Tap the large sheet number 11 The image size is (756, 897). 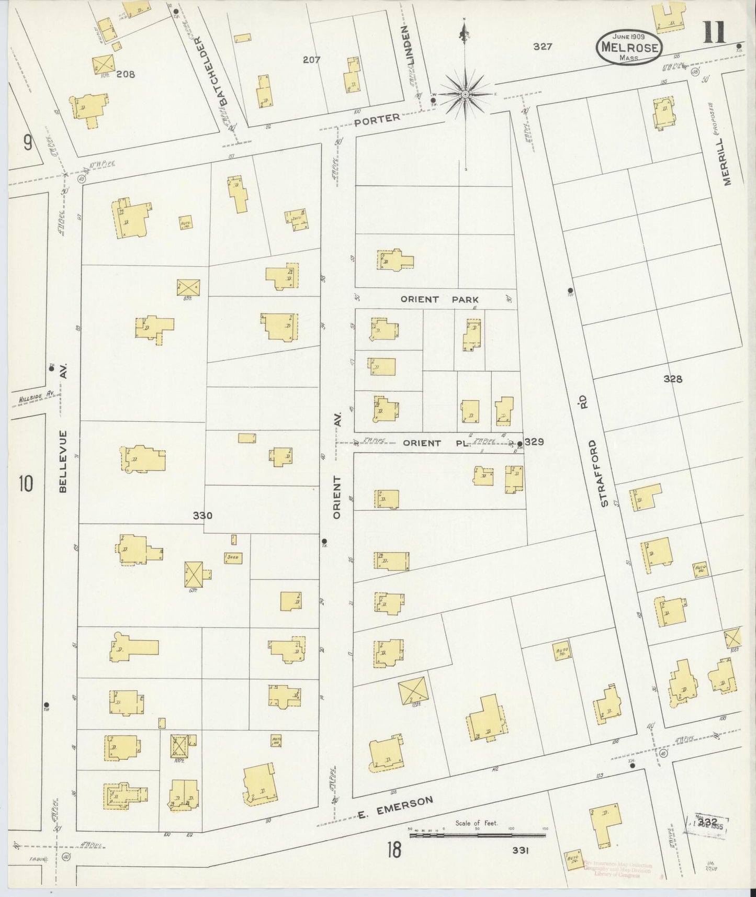(714, 32)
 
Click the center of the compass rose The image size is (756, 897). (465, 94)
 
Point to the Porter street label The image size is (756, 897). (377, 119)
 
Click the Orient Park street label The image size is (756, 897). (439, 299)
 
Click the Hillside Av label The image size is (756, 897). (37, 398)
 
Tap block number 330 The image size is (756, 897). (202, 515)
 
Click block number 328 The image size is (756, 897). (673, 379)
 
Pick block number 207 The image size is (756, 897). (311, 60)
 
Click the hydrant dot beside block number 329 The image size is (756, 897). (518, 444)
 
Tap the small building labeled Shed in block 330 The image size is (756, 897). (233, 557)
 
